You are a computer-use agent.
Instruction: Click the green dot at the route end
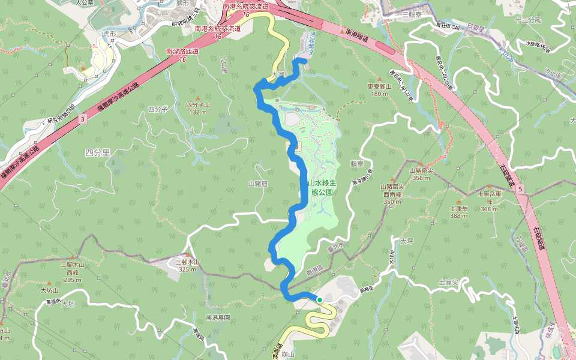[320, 299]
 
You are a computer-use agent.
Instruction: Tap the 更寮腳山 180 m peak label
[379, 89]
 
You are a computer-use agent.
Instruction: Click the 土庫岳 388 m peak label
[458, 212]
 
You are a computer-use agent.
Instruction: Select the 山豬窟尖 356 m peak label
[421, 173]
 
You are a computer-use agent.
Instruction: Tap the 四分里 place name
[98, 153]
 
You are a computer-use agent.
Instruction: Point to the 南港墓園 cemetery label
[218, 317]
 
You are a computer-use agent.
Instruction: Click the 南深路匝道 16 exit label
[182, 55]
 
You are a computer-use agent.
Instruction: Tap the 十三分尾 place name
[528, 20]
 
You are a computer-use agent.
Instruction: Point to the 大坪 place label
[406, 241]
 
